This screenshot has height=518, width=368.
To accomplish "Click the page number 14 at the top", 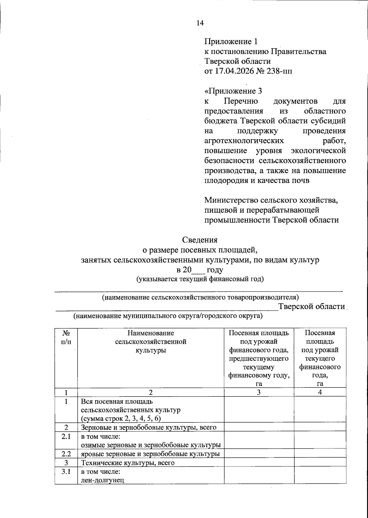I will coord(200,23).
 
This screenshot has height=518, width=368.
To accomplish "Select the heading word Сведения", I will coord(200,240).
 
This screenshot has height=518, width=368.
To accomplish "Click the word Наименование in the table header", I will coord(151,333).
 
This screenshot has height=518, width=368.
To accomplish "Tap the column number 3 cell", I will coord(259,392).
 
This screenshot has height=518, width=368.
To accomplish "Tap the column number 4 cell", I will coord(320,392).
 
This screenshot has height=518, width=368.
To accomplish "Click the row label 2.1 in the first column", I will coord(66,436).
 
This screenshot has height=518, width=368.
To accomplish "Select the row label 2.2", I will coord(66,454).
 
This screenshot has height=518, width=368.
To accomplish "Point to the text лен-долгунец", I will coord(102,480).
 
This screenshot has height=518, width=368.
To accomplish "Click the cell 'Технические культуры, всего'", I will coord(128,463).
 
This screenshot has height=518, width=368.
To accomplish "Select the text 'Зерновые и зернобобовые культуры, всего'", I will coord(149,427).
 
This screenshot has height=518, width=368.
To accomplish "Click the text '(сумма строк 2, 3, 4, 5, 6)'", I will coord(121,419).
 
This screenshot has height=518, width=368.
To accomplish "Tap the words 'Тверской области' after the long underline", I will coord(311,307).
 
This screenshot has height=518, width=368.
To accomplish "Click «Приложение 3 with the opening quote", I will coord(233,91).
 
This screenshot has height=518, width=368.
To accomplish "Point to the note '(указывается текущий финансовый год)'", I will coord(200,279).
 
